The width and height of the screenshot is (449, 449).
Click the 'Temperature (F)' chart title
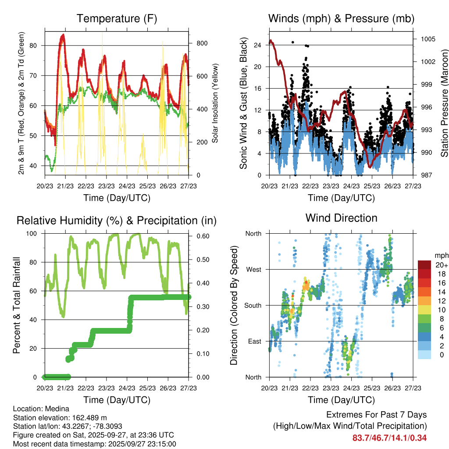pos(116,18)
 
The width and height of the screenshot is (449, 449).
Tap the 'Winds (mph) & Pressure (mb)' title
pos(341,18)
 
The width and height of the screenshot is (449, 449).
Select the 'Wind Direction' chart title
pos(341,217)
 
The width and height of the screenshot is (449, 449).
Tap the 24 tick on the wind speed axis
pos(257,45)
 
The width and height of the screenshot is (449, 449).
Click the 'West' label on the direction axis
pos(253,269)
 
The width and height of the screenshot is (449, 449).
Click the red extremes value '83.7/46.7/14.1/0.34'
pos(389,438)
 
